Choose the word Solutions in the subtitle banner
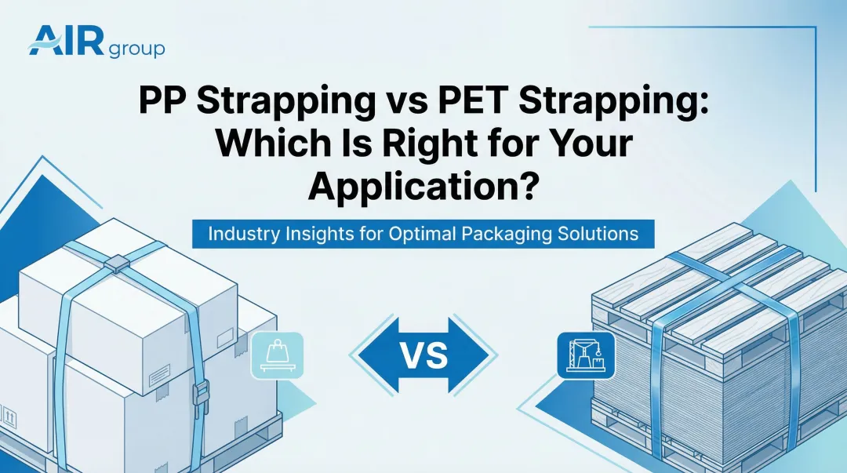[x=600, y=234]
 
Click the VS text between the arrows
[x=423, y=355]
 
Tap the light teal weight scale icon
[x=276, y=356]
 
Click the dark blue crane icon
[x=584, y=356]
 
